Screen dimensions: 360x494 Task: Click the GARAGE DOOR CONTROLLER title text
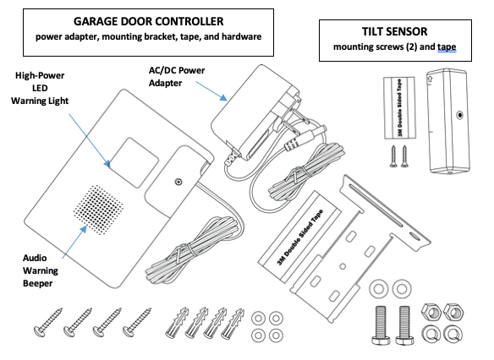150,19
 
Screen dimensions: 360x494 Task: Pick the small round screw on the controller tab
178,180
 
